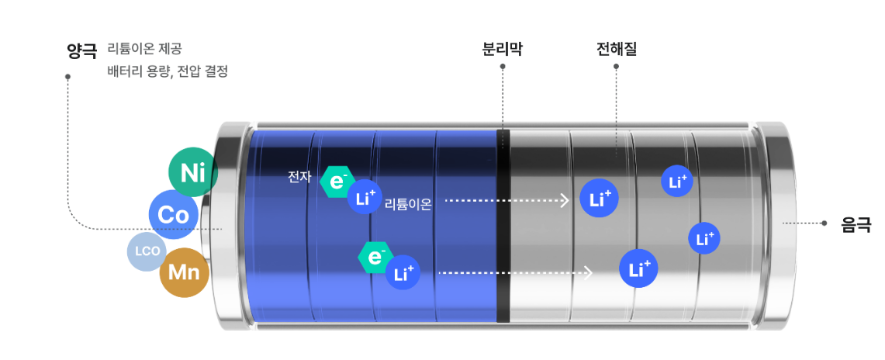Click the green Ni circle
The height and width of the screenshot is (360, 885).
click(x=192, y=171)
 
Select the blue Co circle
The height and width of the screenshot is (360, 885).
click(x=174, y=214)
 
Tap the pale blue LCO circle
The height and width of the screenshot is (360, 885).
click(x=147, y=251)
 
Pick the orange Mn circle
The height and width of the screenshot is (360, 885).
click(x=184, y=272)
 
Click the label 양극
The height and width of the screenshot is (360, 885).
click(x=81, y=52)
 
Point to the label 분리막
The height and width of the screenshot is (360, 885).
click(x=503, y=50)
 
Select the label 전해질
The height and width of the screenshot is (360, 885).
click(x=616, y=50)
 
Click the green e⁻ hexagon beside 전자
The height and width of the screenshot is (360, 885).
click(x=337, y=182)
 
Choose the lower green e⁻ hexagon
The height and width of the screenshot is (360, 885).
click(x=375, y=257)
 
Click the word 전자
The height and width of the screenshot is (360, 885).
click(x=299, y=177)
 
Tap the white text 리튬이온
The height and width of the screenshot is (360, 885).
click(x=408, y=205)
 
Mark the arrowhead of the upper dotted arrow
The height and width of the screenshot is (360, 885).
click(x=565, y=200)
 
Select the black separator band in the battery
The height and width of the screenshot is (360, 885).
click(x=503, y=225)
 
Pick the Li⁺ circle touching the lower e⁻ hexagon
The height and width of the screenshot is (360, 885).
click(x=403, y=272)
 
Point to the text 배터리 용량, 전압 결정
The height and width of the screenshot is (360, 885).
click(x=168, y=71)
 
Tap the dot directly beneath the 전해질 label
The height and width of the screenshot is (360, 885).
click(x=616, y=67)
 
